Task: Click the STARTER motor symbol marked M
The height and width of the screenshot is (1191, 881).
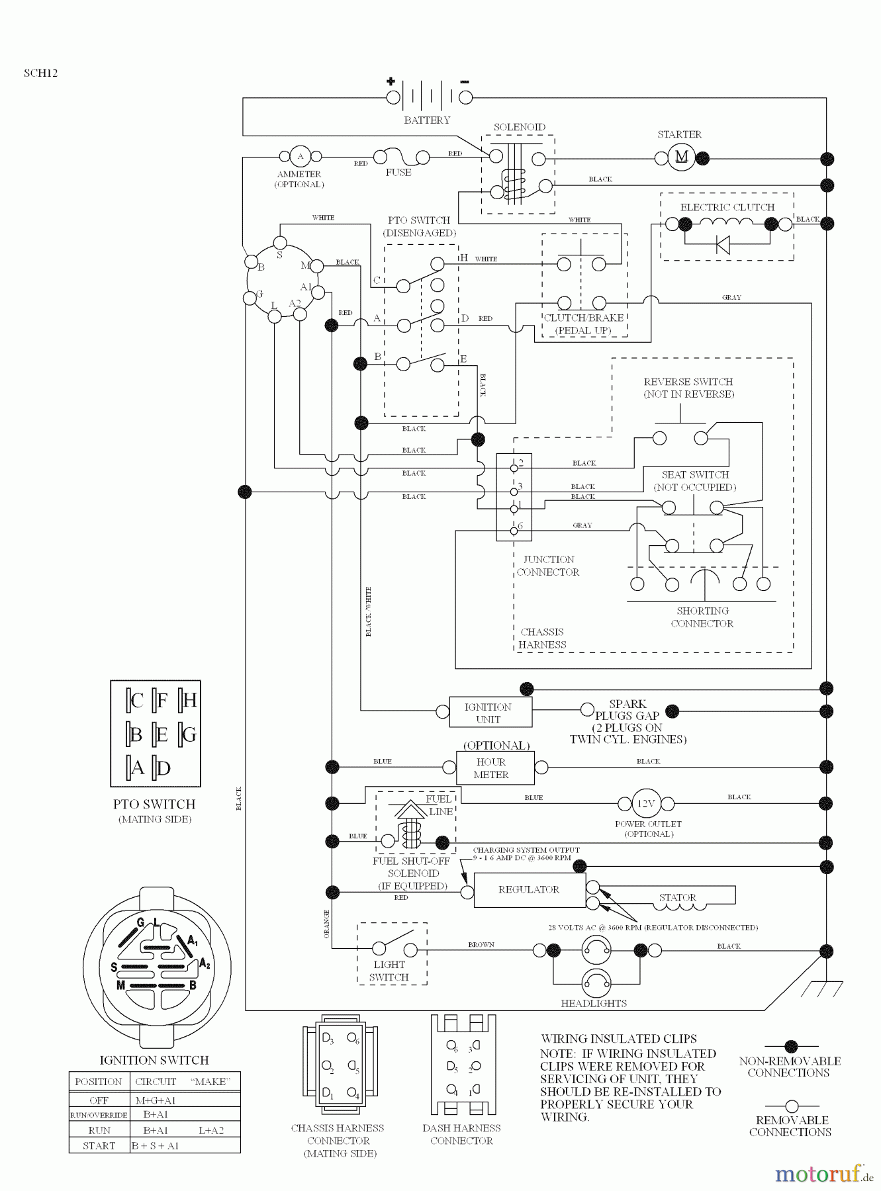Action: [681, 157]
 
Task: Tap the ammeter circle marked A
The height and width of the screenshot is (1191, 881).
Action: [300, 156]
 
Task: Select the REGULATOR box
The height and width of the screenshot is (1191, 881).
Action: [529, 890]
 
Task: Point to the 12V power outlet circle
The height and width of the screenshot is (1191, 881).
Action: [645, 803]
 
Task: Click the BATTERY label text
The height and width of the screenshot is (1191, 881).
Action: [427, 120]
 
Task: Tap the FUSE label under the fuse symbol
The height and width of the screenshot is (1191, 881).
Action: [398, 173]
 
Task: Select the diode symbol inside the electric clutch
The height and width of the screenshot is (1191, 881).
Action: [723, 245]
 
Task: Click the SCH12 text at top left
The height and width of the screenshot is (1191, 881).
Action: [40, 73]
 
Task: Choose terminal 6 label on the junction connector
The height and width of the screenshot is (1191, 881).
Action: [520, 526]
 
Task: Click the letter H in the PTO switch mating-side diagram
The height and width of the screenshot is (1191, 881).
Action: [190, 700]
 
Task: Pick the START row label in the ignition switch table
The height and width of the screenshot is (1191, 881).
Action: [99, 1145]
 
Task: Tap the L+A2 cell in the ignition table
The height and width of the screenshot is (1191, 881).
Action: [211, 1130]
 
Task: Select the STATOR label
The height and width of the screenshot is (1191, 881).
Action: [677, 897]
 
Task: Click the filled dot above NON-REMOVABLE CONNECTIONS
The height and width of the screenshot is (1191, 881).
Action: [790, 1046]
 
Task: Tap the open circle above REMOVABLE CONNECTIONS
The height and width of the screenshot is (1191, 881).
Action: [792, 1106]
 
